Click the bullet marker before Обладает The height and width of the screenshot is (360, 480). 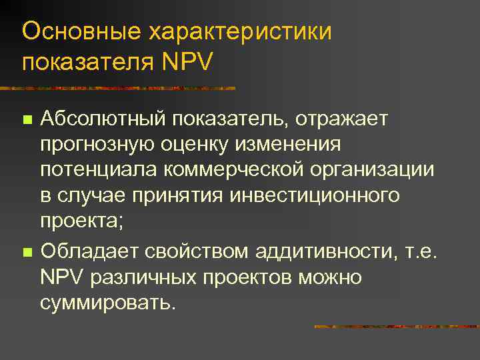tap(27, 252)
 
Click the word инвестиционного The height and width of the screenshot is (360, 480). tap(314, 196)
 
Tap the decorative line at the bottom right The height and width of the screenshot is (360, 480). tap(396, 327)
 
